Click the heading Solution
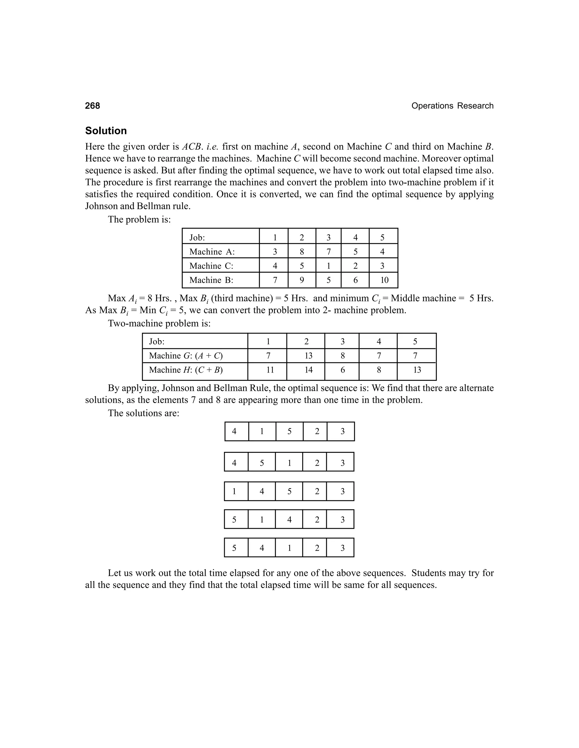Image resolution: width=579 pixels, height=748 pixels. [106, 131]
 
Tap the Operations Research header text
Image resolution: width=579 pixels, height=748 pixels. [452, 106]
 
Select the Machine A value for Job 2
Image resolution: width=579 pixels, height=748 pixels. [301, 252]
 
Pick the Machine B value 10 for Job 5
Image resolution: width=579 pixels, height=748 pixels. [384, 280]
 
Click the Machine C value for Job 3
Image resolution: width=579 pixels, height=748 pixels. [328, 266]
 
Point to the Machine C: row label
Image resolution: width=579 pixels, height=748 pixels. [211, 266]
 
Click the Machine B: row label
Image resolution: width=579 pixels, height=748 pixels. [211, 280]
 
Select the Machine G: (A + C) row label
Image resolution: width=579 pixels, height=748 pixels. [185, 356]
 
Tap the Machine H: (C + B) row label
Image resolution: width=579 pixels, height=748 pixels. [185, 370]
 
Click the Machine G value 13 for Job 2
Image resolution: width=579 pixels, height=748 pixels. [308, 356]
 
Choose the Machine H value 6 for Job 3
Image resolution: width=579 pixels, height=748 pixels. [342, 370]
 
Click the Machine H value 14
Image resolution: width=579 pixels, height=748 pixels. [308, 370]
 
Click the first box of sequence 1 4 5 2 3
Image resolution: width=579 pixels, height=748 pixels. [234, 491]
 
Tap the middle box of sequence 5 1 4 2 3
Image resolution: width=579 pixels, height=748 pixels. [289, 520]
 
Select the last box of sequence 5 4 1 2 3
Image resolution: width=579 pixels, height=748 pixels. [342, 548]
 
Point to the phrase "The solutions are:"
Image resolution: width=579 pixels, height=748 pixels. [143, 413]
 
